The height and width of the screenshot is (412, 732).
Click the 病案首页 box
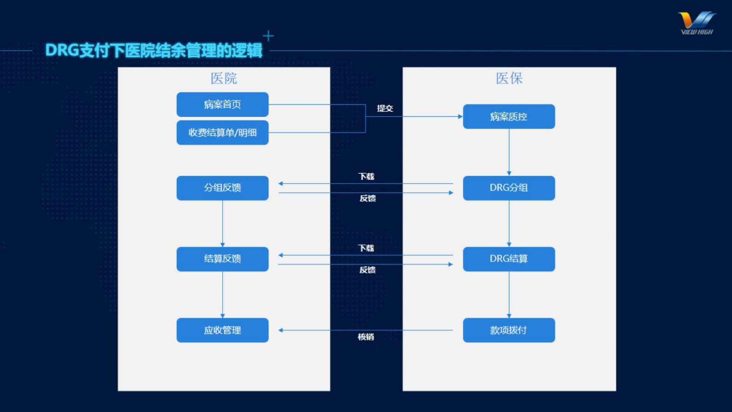tap(222, 104)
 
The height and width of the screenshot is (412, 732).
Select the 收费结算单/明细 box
tap(222, 133)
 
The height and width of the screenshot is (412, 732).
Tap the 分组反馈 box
tap(222, 188)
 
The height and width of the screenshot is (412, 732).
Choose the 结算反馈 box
tap(222, 259)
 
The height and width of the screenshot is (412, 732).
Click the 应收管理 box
tap(222, 330)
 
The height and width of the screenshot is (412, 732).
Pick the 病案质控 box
tap(509, 116)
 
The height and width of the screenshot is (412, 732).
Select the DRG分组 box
tap(509, 188)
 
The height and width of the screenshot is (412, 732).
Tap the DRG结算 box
tap(509, 259)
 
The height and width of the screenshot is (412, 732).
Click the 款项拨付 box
tap(509, 330)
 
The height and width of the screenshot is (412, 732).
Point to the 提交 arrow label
tap(385, 108)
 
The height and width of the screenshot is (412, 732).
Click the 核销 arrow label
tap(366, 337)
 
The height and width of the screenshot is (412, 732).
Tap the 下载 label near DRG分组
tap(366, 176)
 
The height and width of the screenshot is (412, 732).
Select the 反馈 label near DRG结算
tap(368, 270)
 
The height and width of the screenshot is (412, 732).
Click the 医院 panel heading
tap(224, 78)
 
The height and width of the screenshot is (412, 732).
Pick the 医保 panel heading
tap(509, 78)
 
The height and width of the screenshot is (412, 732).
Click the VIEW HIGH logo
tap(696, 23)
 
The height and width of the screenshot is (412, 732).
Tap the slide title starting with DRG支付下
tap(154, 50)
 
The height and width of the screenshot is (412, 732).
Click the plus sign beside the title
tap(268, 36)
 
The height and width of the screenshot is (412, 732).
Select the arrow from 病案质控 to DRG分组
tap(509, 152)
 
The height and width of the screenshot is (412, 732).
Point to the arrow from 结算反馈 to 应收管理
tap(222, 295)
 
